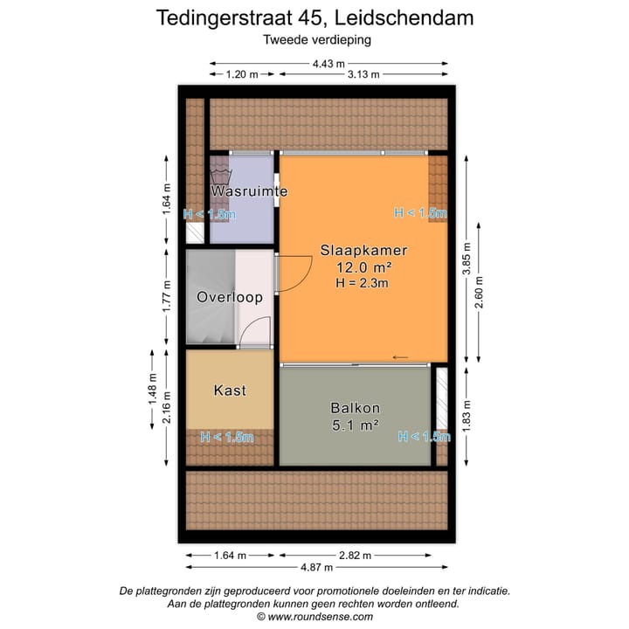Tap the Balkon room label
coord(354,408)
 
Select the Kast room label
coord(230,391)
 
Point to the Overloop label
coord(230,297)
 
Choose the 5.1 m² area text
coord(354,425)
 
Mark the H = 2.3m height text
coord(362,282)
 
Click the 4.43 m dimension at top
coord(328,62)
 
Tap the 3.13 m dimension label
coord(363,74)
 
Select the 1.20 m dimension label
coord(242,74)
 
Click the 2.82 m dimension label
coord(354,555)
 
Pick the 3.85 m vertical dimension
coord(467,260)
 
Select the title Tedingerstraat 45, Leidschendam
coord(314,17)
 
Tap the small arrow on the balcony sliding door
coord(401,357)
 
